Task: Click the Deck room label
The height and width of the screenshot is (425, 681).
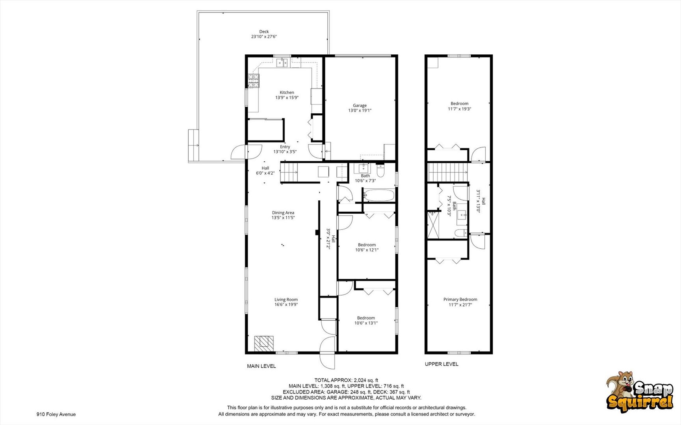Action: pos(264,31)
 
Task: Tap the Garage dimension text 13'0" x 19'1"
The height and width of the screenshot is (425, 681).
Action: pos(359,111)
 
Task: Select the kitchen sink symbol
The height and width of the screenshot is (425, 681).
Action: pos(282,63)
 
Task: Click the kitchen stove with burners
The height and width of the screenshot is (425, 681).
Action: pos(254,81)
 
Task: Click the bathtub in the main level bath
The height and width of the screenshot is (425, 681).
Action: pos(379,195)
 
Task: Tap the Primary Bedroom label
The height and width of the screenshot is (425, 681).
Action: pos(460,299)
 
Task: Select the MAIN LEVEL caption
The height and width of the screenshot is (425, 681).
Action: pos(261,366)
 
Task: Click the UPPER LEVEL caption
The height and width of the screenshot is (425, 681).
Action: pos(441,364)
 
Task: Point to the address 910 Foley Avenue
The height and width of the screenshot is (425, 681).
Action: pos(56,414)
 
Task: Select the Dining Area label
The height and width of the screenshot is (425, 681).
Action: pos(283,213)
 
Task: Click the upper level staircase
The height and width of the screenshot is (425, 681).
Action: pos(448,172)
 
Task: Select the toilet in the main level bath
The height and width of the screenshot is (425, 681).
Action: pos(380,171)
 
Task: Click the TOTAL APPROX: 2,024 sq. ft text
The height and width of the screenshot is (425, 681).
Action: pos(346,380)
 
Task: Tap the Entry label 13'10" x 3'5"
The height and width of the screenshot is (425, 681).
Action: pos(285,147)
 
